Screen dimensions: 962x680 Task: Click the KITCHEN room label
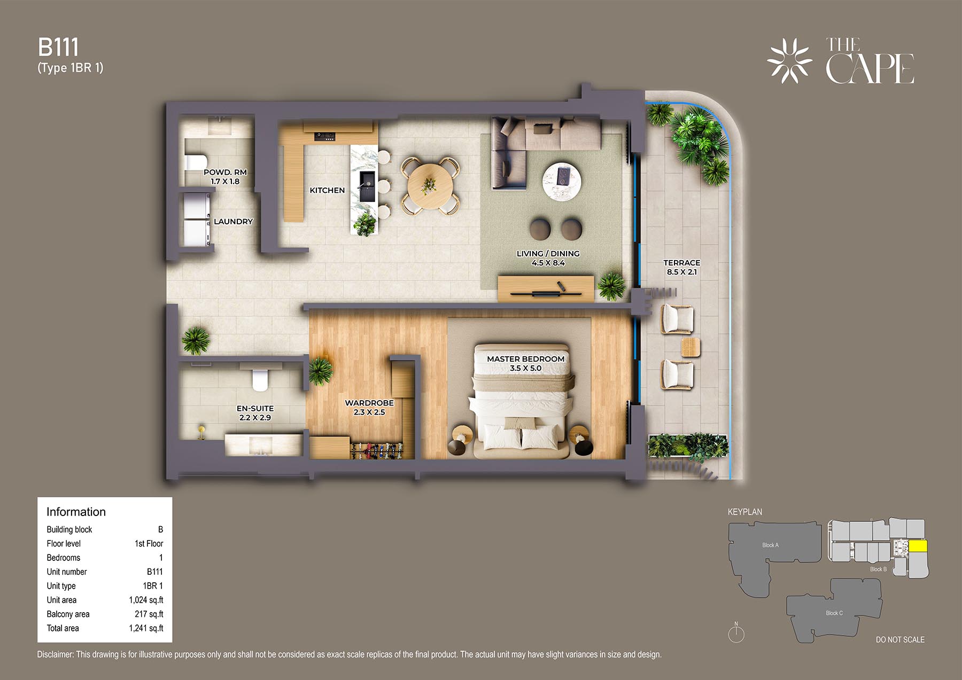(327, 190)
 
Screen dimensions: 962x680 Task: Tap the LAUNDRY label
(233, 221)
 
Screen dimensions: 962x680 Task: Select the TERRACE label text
(681, 263)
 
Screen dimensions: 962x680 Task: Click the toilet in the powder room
(196, 162)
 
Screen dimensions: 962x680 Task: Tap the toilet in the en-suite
(260, 380)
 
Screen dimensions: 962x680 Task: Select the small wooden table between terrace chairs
(691, 347)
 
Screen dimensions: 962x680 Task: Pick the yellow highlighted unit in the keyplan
(918, 546)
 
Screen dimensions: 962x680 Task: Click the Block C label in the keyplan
(834, 613)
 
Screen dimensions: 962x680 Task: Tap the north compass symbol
(736, 633)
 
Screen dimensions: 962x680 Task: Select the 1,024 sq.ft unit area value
(146, 600)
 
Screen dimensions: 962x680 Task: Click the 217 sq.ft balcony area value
(149, 614)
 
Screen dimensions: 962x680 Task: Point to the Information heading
(76, 512)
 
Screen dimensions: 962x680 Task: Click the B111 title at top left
(58, 47)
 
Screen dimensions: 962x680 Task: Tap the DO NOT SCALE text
(900, 639)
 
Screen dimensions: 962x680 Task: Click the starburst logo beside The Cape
(789, 60)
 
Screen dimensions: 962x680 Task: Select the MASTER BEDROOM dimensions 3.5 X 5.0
(525, 368)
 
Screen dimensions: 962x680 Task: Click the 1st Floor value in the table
(149, 543)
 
